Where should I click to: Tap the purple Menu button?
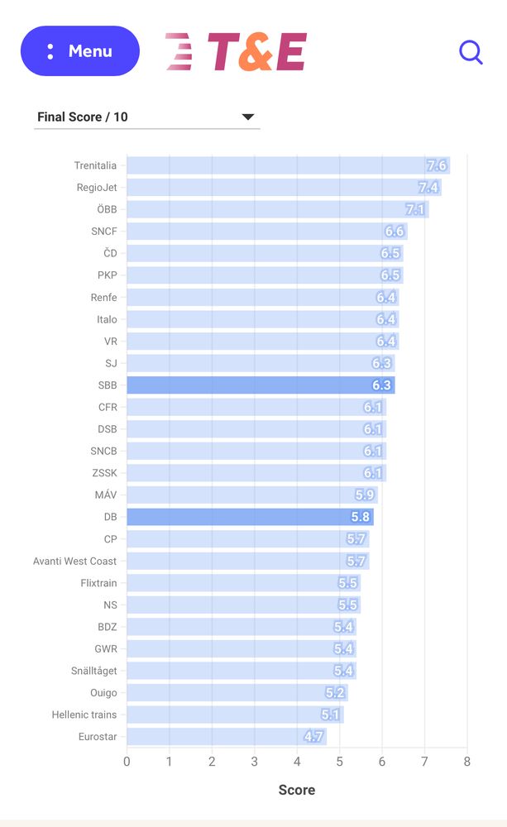pyautogui.click(x=80, y=51)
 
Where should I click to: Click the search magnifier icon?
pyautogui.click(x=471, y=52)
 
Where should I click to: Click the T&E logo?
pyautogui.click(x=237, y=52)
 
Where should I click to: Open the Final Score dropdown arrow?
pyautogui.click(x=247, y=117)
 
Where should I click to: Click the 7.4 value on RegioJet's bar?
pyautogui.click(x=428, y=188)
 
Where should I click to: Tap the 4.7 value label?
pyautogui.click(x=313, y=737)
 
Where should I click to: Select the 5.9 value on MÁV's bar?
pyautogui.click(x=365, y=495)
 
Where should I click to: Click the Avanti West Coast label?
pyautogui.click(x=74, y=561)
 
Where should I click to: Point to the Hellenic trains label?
pyautogui.click(x=84, y=715)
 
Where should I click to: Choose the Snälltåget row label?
pyautogui.click(x=93, y=671)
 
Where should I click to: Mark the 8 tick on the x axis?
pyautogui.click(x=466, y=762)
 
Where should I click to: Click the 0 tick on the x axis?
pyautogui.click(x=127, y=762)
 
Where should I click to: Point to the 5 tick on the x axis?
pyautogui.click(x=339, y=762)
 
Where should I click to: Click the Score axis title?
pyautogui.click(x=296, y=790)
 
